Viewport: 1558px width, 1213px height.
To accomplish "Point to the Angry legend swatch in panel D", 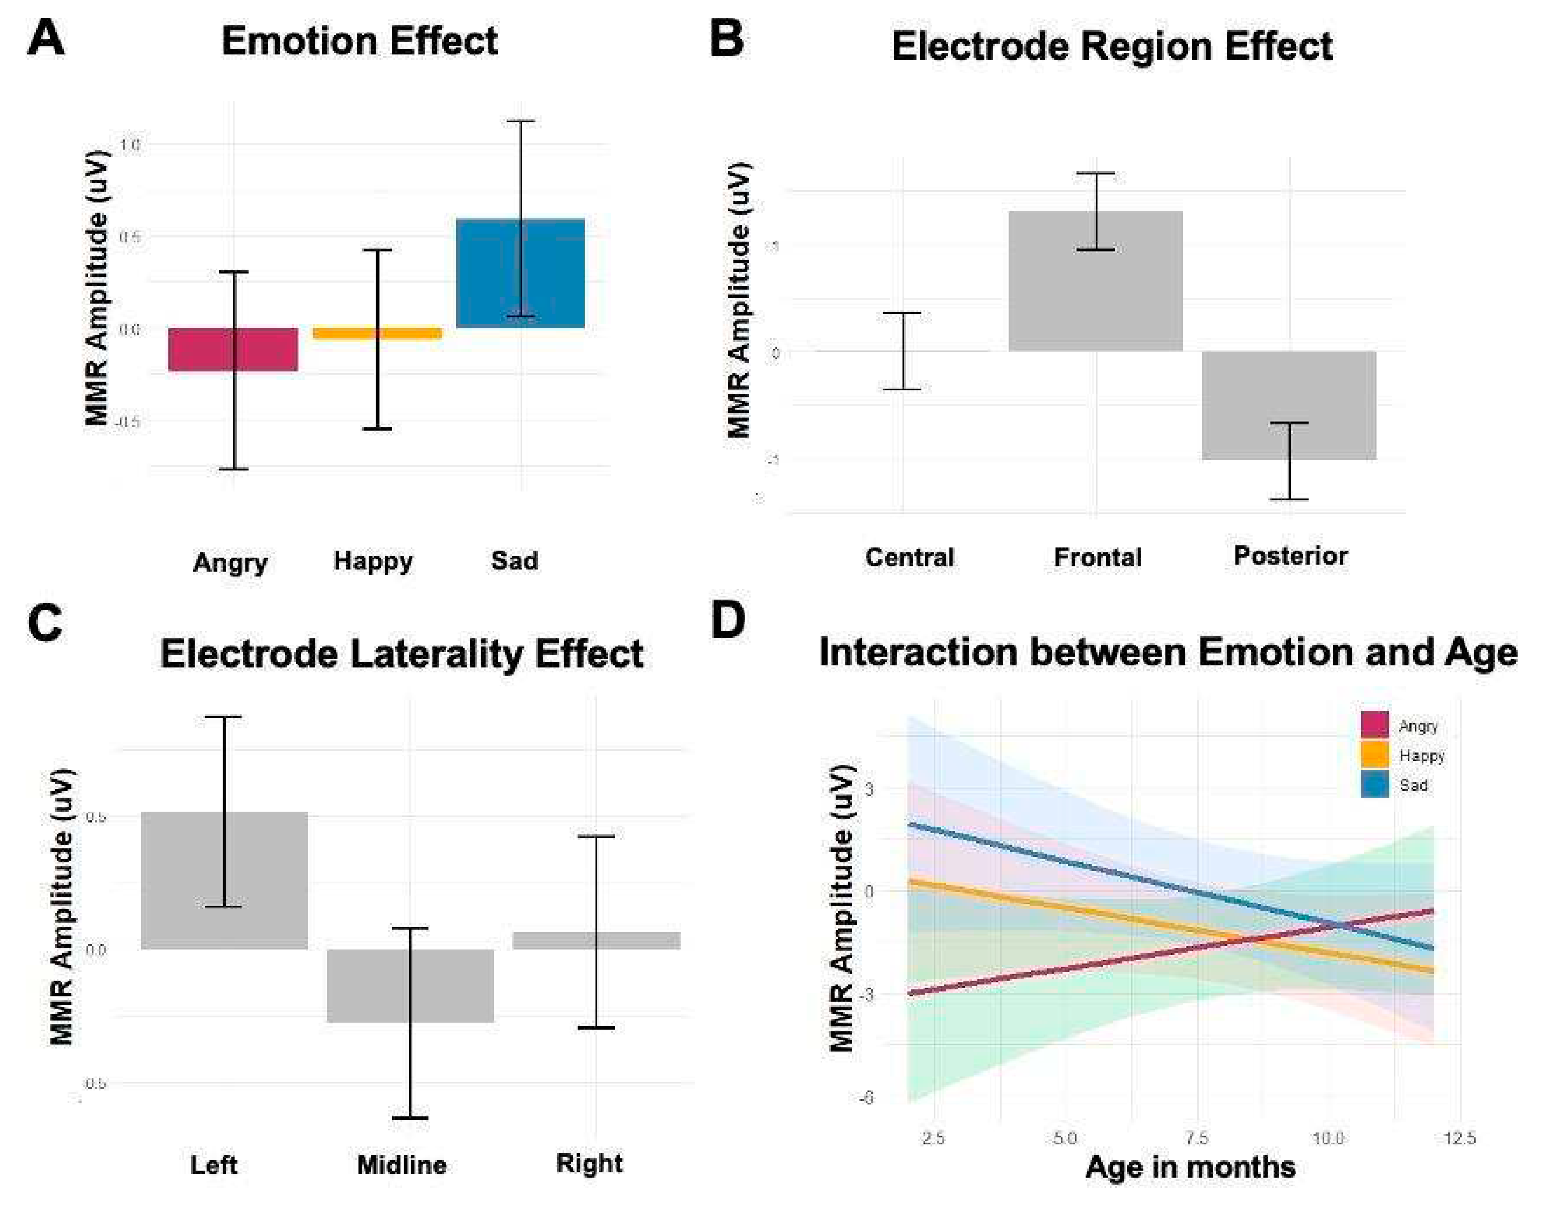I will coord(1374,724).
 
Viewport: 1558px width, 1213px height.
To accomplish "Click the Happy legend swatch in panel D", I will coord(1374,755).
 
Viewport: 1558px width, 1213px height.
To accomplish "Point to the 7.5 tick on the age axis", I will coord(1197,1137).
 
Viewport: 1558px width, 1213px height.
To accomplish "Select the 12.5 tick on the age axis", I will coord(1459,1137).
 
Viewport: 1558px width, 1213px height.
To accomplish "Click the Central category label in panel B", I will coord(909,557).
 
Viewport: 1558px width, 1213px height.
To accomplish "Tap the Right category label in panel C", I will coord(589,1163).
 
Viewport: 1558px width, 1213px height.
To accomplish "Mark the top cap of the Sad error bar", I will coord(521,121).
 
